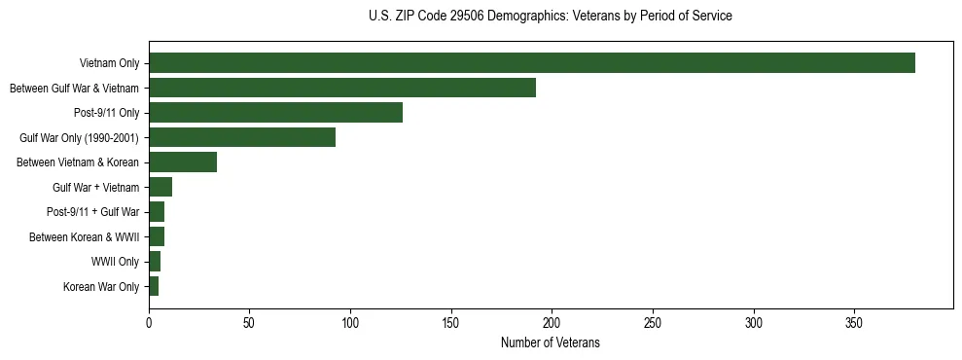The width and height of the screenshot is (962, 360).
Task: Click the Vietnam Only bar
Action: [531, 63]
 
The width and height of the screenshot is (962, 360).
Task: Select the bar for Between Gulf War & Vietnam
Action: [342, 88]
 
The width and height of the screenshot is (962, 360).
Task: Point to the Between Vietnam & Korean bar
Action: [183, 162]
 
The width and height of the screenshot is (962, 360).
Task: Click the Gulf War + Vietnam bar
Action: [160, 187]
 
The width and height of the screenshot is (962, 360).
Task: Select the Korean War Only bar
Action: [154, 286]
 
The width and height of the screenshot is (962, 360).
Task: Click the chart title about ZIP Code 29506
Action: [551, 17]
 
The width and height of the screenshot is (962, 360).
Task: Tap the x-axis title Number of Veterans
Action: [551, 343]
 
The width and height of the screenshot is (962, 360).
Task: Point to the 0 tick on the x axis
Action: [149, 322]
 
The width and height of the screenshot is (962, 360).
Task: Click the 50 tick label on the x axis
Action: [250, 322]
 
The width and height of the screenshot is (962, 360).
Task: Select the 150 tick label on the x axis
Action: [451, 322]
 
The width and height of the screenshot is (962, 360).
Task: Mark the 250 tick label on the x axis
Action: [653, 322]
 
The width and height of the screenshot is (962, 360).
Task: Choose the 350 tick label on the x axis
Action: [854, 322]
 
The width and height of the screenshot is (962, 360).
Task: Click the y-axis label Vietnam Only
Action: [109, 64]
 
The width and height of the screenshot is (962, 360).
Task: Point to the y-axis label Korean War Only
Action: [101, 287]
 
